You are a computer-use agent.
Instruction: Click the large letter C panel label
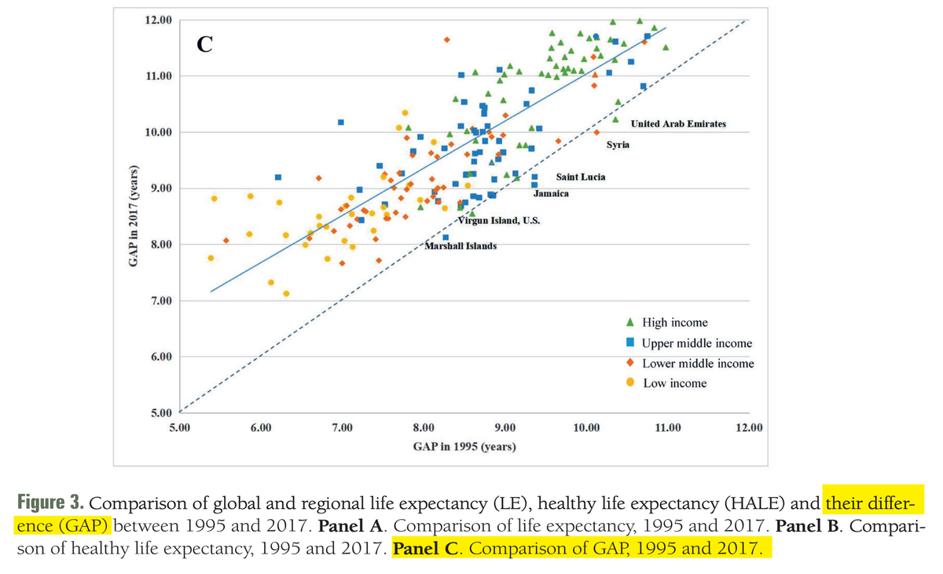(x=204, y=44)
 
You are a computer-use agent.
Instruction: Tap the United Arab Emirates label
(x=678, y=123)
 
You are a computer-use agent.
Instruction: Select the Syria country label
(x=618, y=144)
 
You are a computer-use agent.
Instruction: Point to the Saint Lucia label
(x=581, y=177)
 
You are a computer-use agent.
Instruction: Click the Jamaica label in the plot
(x=551, y=193)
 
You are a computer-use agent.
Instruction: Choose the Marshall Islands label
(x=460, y=246)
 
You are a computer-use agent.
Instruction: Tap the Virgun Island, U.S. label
(x=499, y=221)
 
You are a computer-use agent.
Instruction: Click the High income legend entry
(x=667, y=323)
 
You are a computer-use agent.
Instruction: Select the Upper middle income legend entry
(x=689, y=343)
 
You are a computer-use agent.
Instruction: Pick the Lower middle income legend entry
(x=690, y=364)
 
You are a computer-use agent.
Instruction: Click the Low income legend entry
(x=666, y=383)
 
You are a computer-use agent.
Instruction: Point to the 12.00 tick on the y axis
(x=159, y=20)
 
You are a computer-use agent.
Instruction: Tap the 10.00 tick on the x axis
(x=586, y=428)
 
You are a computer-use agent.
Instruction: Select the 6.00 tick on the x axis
(x=261, y=428)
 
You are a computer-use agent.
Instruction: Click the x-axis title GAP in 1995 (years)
(x=464, y=446)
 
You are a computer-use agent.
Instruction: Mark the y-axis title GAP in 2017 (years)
(x=133, y=216)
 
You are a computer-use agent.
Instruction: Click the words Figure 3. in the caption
(x=50, y=503)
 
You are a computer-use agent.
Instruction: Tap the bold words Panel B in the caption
(x=808, y=525)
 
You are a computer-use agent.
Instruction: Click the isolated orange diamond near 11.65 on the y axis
(x=447, y=40)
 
